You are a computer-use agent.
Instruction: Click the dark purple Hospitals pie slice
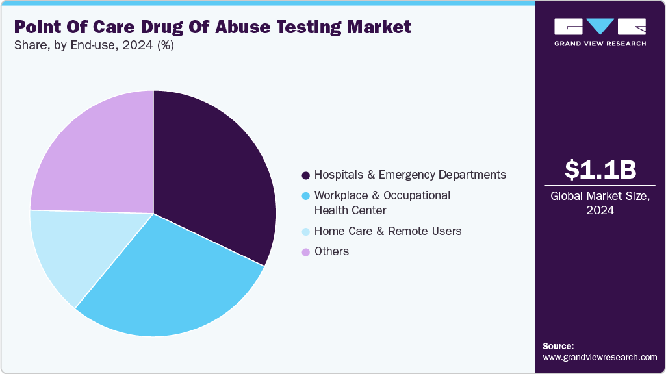[x=214, y=182]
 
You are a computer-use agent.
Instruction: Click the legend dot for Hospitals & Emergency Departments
[x=305, y=175]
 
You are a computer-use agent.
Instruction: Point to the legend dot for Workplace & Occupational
[x=305, y=195]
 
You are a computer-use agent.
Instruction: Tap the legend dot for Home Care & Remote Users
[x=305, y=231]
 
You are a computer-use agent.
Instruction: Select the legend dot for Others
[x=305, y=252]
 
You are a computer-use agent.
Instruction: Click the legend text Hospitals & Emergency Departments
[x=409, y=175]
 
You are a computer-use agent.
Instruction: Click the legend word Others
[x=331, y=251]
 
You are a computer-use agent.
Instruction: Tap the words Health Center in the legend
[x=350, y=210]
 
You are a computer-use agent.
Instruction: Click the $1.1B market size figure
[x=600, y=169]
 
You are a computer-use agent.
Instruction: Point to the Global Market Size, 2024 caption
[x=600, y=203]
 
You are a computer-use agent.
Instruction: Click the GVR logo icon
[x=600, y=27]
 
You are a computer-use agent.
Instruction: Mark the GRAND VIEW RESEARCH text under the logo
[x=600, y=44]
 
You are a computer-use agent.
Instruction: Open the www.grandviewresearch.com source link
[x=600, y=357]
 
